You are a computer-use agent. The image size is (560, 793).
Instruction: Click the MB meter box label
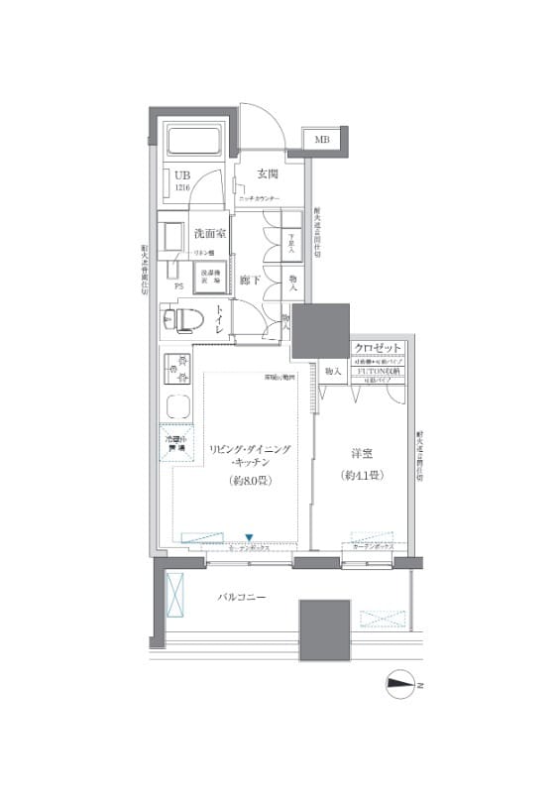point(322,139)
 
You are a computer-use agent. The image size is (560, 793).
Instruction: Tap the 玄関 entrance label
point(267,173)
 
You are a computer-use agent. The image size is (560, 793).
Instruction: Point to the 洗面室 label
point(210,234)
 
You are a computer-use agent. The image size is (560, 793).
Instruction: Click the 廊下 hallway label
point(250,281)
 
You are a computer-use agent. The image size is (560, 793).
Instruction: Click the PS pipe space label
point(178,288)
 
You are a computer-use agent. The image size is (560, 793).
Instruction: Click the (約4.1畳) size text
point(362,476)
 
